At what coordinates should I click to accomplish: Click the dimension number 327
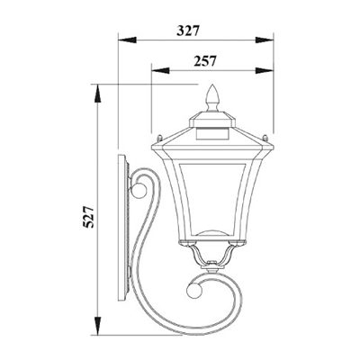tap(188, 31)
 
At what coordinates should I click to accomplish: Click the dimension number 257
tap(205, 61)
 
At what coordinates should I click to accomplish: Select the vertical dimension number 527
tap(89, 217)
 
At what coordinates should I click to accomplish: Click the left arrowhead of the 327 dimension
tap(127, 40)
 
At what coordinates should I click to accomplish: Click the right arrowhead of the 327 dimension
tap(265, 40)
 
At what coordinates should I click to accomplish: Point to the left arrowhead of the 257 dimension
tap(160, 70)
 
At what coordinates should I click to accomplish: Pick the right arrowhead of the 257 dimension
tap(265, 70)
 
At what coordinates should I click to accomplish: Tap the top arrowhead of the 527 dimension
tap(98, 94)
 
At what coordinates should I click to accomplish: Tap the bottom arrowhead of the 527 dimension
tap(98, 324)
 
